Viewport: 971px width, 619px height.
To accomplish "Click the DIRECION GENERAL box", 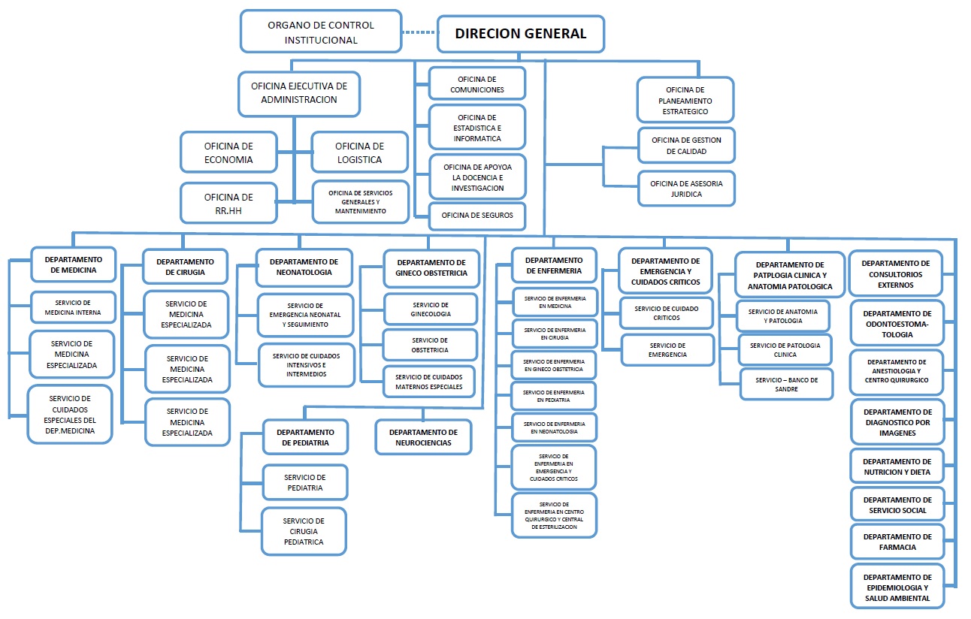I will click(x=521, y=34).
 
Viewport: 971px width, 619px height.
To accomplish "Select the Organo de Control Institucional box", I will click(x=321, y=32).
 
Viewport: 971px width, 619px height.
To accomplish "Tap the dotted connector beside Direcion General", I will click(x=419, y=32).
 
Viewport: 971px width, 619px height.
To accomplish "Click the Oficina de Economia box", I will click(x=228, y=152).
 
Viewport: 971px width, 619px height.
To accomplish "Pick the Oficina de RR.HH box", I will click(x=228, y=204).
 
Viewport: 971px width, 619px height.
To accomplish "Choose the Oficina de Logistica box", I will click(x=359, y=152).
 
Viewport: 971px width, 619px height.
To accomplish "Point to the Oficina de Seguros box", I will click(x=477, y=216).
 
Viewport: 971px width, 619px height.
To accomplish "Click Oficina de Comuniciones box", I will click(x=477, y=84).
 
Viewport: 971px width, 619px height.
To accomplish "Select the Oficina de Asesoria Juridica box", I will click(x=686, y=189).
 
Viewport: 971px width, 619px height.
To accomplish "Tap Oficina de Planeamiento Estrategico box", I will click(x=685, y=100).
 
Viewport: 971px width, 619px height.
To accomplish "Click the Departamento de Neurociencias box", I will click(x=423, y=437).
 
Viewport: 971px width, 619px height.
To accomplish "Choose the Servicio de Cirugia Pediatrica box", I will click(x=304, y=531).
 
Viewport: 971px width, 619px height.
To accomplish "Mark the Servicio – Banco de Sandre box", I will click(x=786, y=385).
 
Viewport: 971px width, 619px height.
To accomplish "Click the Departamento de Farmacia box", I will click(x=897, y=542).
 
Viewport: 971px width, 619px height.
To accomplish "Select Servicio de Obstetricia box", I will click(x=430, y=345).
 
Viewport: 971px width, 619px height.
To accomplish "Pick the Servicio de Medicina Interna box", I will click(x=73, y=307).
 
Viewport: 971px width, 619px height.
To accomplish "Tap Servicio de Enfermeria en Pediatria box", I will click(x=554, y=396).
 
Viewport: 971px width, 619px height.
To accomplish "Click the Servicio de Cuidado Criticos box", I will click(x=667, y=313).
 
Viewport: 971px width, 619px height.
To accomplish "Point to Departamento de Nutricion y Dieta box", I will click(x=897, y=467).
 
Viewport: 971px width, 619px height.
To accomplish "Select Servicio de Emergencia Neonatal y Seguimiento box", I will click(x=305, y=315).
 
